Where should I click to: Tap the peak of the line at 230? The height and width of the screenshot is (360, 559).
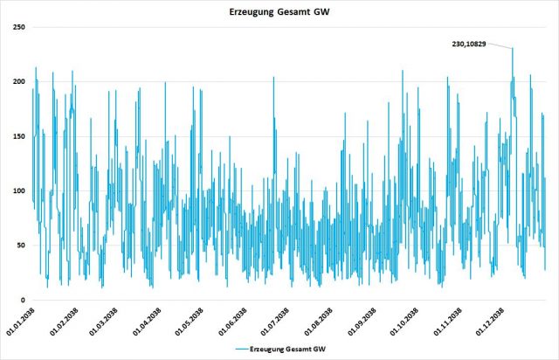pyautogui.click(x=513, y=48)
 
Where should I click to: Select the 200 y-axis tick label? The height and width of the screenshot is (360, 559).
pyautogui.click(x=16, y=81)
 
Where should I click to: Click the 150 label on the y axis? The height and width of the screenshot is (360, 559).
pyautogui.click(x=16, y=136)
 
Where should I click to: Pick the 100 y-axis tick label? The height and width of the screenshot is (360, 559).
pyautogui.click(x=16, y=190)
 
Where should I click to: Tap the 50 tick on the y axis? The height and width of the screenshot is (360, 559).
pyautogui.click(x=18, y=246)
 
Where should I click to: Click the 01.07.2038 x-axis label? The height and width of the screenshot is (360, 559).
pyautogui.click(x=262, y=322)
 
